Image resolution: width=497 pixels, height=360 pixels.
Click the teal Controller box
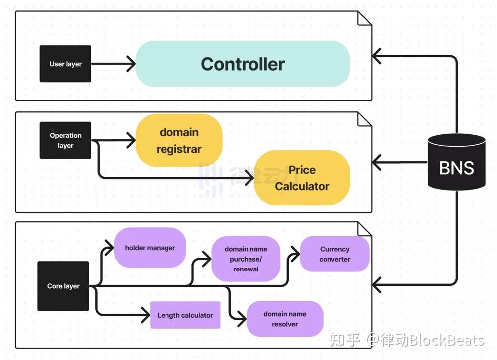[x=243, y=64]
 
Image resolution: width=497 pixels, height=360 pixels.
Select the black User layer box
[x=65, y=64]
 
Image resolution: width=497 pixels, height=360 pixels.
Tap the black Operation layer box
[x=65, y=140]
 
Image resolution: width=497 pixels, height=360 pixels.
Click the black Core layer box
[x=63, y=286]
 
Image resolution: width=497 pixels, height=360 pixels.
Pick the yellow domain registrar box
[x=179, y=140]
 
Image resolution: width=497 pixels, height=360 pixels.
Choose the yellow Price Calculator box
[x=302, y=178]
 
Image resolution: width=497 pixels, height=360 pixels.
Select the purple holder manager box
[x=150, y=248]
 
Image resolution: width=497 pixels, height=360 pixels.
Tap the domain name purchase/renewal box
[x=246, y=259]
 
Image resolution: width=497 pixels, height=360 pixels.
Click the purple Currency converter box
[x=334, y=254]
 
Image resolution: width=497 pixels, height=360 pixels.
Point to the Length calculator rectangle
[x=185, y=315]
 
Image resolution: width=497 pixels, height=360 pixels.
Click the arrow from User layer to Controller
[x=113, y=64]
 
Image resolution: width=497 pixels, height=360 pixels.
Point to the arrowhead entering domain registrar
[x=131, y=141]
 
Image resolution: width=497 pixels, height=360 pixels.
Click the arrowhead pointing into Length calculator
[x=145, y=315]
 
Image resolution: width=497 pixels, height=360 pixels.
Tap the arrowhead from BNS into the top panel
[x=378, y=57]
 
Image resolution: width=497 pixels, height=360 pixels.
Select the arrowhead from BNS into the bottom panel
[x=378, y=285]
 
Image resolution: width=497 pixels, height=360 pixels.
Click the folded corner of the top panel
[x=365, y=18]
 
